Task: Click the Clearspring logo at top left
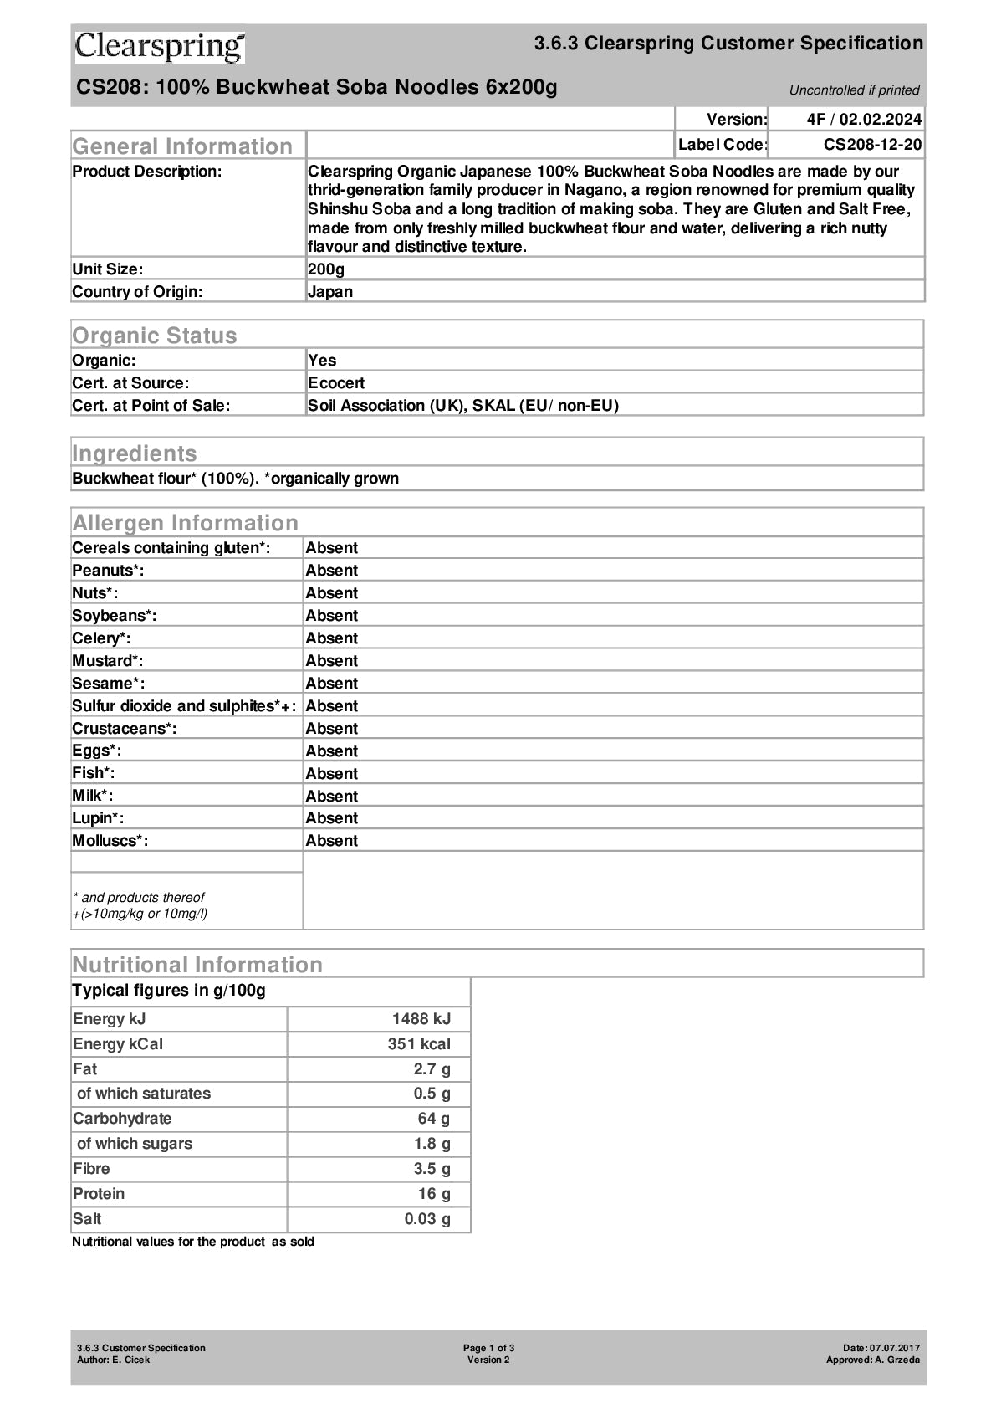(160, 47)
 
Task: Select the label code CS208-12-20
(872, 145)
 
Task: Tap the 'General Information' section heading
(182, 146)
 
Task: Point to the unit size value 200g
(326, 269)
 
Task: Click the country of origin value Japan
(330, 291)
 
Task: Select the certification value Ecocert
(336, 382)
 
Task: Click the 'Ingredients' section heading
(135, 453)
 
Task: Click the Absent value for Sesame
(331, 683)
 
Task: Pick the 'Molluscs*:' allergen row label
(110, 840)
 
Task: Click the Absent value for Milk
(331, 796)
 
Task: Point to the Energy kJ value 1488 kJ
(421, 1018)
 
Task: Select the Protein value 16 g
(433, 1193)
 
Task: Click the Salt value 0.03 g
(426, 1218)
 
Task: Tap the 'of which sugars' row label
(135, 1143)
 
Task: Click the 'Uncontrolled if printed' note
(854, 90)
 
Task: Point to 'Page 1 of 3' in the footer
(488, 1348)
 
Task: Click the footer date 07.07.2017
(893, 1348)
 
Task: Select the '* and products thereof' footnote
(139, 897)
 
